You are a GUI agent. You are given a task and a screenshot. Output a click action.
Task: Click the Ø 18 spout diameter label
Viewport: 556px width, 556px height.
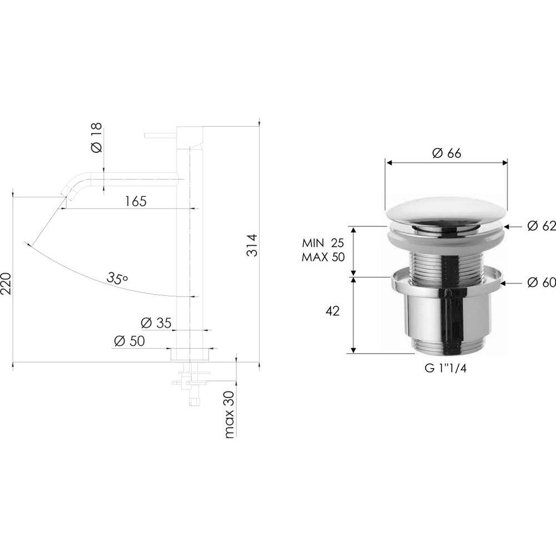click(x=96, y=137)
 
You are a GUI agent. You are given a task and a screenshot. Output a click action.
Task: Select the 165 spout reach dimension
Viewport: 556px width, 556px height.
click(x=136, y=201)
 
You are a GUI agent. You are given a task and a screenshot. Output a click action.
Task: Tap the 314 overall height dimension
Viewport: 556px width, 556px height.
click(x=252, y=245)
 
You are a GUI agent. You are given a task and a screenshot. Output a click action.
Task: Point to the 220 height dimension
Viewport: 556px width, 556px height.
click(x=6, y=284)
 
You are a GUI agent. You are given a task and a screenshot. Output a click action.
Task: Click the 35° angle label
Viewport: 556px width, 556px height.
click(x=117, y=279)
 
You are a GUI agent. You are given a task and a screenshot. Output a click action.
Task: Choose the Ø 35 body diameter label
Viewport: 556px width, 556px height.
click(x=156, y=323)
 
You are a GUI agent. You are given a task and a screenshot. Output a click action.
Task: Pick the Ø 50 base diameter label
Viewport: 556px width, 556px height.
click(x=130, y=341)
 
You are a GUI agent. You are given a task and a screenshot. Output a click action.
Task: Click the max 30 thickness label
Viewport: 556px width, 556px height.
click(x=230, y=414)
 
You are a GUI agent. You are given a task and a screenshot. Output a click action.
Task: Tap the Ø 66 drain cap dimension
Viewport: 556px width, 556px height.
click(x=446, y=153)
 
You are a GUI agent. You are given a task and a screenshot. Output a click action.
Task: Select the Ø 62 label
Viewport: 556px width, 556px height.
click(x=541, y=226)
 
